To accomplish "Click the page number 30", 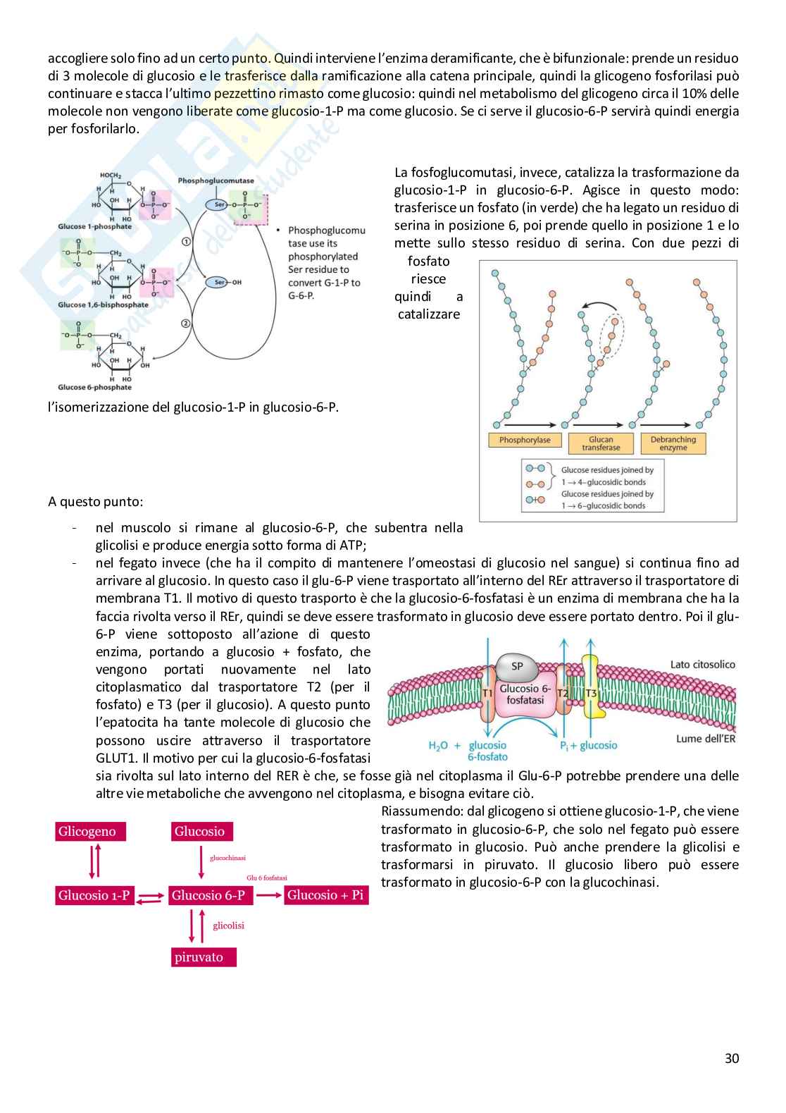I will (732, 1058).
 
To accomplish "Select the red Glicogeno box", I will (87, 832).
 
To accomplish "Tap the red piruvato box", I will (199, 957).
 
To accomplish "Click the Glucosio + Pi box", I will (325, 895).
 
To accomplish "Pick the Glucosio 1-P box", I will (94, 896).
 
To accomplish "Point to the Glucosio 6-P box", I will (208, 896).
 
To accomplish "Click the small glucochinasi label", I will (227, 858).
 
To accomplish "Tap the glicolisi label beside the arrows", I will (228, 926).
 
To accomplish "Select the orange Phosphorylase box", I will (525, 440).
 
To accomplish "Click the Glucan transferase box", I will (601, 443).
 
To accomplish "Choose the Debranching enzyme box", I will (673, 443).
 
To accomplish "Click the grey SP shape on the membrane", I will (517, 666).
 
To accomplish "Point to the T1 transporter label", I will (487, 694).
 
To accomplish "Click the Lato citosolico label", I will (702, 664).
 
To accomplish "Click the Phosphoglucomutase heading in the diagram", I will (216, 180).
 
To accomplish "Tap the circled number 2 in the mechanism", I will (186, 324).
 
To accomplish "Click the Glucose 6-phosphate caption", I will (94, 387).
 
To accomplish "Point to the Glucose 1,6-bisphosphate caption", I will (103, 305).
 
